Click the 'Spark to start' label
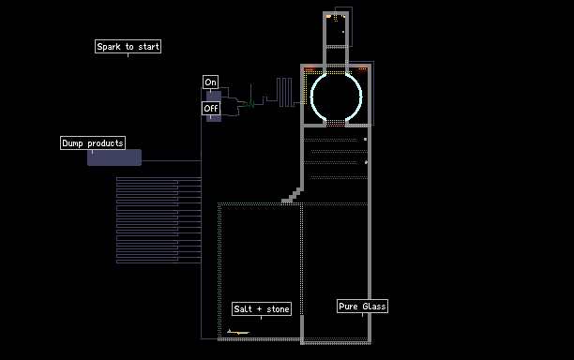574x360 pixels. tap(128, 47)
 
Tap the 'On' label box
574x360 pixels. tap(210, 82)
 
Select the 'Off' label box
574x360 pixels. tap(211, 109)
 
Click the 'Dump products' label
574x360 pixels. tap(93, 143)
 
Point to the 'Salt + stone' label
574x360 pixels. tap(262, 308)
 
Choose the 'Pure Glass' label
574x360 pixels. tap(362, 306)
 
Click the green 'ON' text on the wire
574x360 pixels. tap(249, 105)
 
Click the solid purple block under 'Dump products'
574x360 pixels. tap(114, 157)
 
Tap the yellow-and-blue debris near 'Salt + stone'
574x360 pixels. tap(238, 332)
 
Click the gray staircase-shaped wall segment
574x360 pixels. tap(293, 196)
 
